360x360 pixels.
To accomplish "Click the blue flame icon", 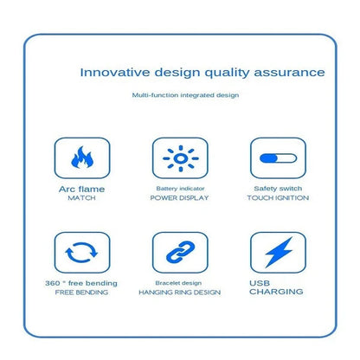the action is point(82,157).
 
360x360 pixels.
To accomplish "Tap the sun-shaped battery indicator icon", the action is point(181,158).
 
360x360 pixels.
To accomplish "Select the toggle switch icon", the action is point(278,158).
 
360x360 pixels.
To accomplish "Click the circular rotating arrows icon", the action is point(81,253).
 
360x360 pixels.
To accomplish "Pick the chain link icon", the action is point(181,252).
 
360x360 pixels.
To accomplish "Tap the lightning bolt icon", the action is point(279,252).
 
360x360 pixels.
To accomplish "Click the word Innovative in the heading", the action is point(115,72).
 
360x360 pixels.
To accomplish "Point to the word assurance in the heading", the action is point(289,73).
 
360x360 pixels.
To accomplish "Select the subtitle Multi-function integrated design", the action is point(185,95).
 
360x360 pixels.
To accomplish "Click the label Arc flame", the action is point(81,190).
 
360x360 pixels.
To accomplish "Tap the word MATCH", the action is point(81,198).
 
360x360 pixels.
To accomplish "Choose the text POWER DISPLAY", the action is point(179,198).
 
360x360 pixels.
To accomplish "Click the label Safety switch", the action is point(278,189).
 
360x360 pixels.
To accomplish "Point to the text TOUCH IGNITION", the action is point(278,198).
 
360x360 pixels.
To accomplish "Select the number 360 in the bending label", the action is point(53,283).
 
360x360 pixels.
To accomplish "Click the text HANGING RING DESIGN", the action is point(180,292).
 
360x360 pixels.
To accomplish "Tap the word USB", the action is point(260,283).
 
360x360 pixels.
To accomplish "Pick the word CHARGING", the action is point(276,292).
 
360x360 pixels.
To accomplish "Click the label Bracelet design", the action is point(178,283).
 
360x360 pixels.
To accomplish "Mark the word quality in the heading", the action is point(227,73).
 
